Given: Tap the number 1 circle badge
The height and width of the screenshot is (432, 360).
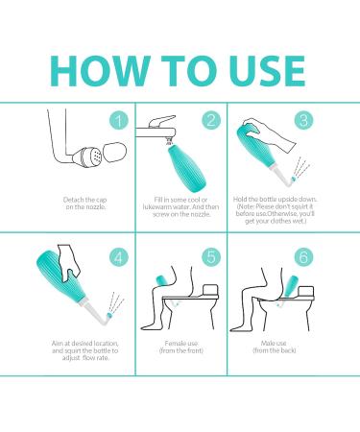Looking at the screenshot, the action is [119, 121].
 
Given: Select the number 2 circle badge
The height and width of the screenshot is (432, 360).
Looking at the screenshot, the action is [211, 121].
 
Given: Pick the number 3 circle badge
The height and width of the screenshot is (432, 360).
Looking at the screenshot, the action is [303, 120].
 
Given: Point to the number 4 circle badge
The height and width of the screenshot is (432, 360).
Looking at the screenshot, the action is [119, 257].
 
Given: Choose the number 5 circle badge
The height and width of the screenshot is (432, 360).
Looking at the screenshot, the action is [211, 256].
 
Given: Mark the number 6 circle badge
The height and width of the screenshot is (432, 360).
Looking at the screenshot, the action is [303, 256].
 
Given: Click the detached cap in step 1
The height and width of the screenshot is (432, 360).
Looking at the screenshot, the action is [115, 153].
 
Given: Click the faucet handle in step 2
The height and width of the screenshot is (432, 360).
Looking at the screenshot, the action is [161, 121].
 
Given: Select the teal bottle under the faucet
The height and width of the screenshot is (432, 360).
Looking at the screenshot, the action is [185, 167].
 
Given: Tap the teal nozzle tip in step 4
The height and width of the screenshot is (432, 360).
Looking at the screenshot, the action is [109, 316].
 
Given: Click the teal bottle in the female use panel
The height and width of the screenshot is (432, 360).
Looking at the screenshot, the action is [164, 280].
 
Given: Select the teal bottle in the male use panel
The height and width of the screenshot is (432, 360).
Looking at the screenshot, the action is [292, 286].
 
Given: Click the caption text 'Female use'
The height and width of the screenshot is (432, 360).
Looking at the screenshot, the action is [181, 344].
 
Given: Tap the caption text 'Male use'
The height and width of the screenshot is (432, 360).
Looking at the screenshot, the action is [274, 344].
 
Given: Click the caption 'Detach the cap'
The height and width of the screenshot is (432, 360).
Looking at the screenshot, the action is [84, 200].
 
